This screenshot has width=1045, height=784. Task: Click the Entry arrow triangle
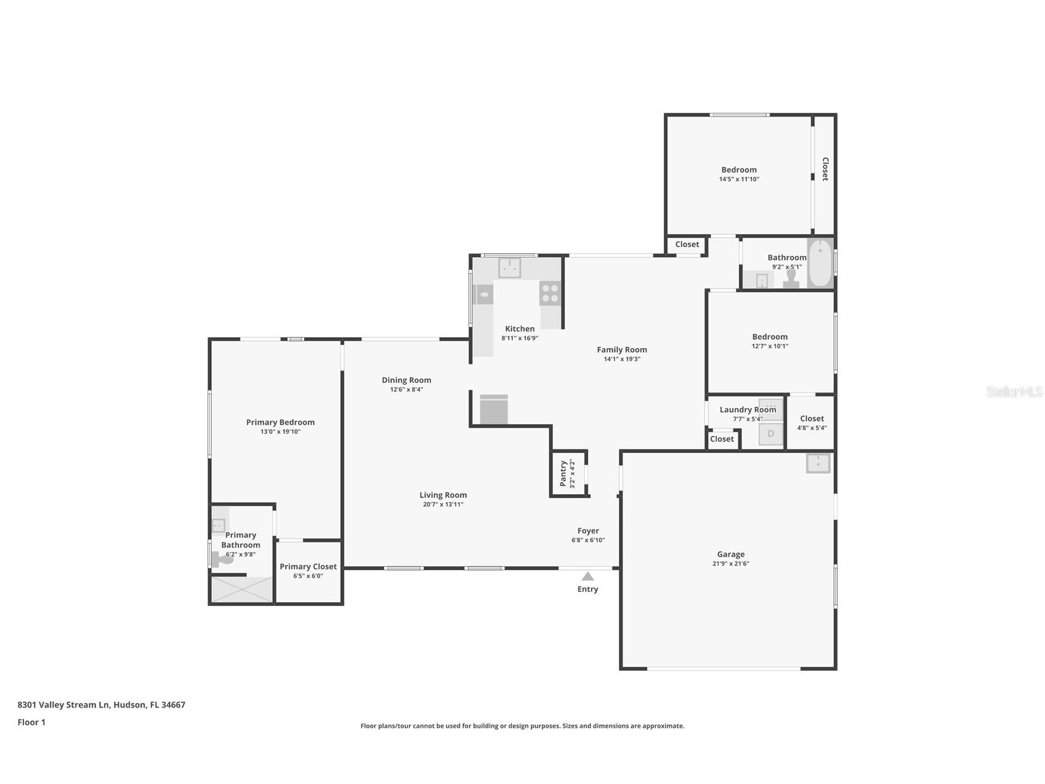click(x=587, y=576)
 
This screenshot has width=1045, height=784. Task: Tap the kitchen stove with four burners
click(x=550, y=293)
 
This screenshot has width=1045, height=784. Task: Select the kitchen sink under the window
click(x=509, y=268)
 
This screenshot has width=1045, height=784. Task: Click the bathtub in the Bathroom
click(x=820, y=264)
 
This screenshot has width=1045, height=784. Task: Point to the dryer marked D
click(x=770, y=434)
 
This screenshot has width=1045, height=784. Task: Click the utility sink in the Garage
click(x=818, y=463)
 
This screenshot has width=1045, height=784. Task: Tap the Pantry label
click(x=563, y=473)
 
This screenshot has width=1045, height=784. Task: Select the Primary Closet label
click(x=308, y=566)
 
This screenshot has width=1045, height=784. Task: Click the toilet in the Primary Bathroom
click(x=220, y=560)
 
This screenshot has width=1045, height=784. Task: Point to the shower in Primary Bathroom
click(x=242, y=589)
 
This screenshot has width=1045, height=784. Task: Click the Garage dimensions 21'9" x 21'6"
click(x=730, y=563)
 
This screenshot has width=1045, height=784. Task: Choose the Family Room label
click(x=621, y=349)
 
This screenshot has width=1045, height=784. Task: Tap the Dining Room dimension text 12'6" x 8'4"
click(x=406, y=390)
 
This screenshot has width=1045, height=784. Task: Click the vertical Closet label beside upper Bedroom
click(x=825, y=169)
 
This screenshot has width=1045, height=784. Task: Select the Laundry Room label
click(x=747, y=409)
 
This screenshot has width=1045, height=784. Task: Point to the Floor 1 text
click(x=31, y=722)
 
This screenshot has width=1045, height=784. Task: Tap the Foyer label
click(x=587, y=531)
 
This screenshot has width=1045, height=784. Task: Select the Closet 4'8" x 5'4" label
click(x=812, y=419)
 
